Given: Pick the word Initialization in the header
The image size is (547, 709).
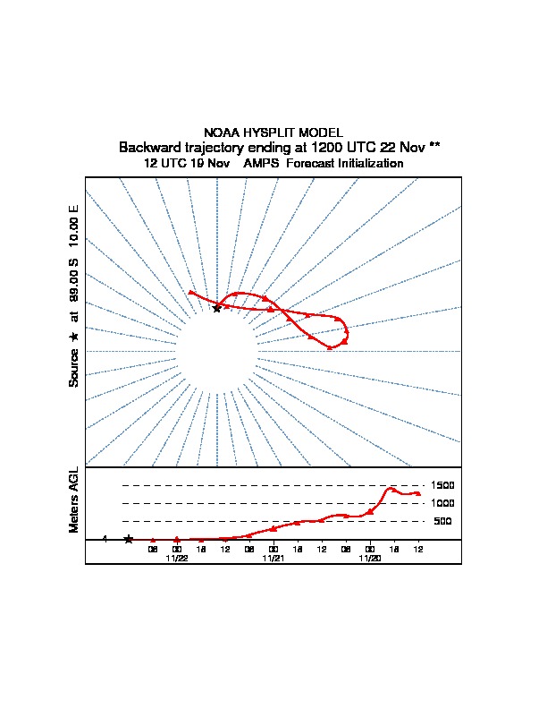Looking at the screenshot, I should click(369, 164).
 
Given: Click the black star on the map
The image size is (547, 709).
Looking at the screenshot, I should click(216, 308).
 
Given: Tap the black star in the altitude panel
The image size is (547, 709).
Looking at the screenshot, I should click(129, 539).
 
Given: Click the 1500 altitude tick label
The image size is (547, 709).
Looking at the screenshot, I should click(442, 485).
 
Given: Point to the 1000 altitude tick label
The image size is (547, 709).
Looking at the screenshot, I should click(442, 503).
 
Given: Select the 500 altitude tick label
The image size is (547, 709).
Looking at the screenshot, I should click(442, 521).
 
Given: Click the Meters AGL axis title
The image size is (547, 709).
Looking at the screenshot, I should click(74, 500).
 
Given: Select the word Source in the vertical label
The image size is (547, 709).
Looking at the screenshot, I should click(74, 366).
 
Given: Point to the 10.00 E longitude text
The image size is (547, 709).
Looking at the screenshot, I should click(74, 226).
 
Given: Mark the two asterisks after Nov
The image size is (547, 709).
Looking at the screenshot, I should click(434, 146).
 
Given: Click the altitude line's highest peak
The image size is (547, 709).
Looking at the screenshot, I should click(391, 488).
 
